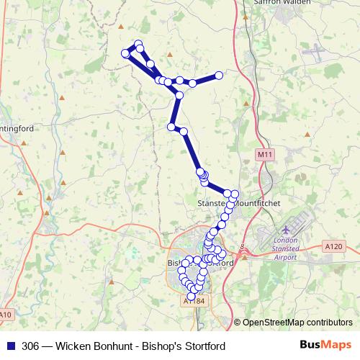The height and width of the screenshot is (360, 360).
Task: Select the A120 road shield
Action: [333, 246]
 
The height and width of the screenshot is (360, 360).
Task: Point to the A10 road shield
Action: [6, 315]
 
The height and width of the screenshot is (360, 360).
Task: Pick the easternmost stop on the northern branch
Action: [220, 75]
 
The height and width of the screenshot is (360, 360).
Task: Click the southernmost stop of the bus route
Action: [192, 296]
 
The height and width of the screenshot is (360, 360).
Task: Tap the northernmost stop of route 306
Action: [138, 44]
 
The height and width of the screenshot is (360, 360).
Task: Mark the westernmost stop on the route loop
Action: [126, 53]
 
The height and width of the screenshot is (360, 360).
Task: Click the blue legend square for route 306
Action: [10, 346]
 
